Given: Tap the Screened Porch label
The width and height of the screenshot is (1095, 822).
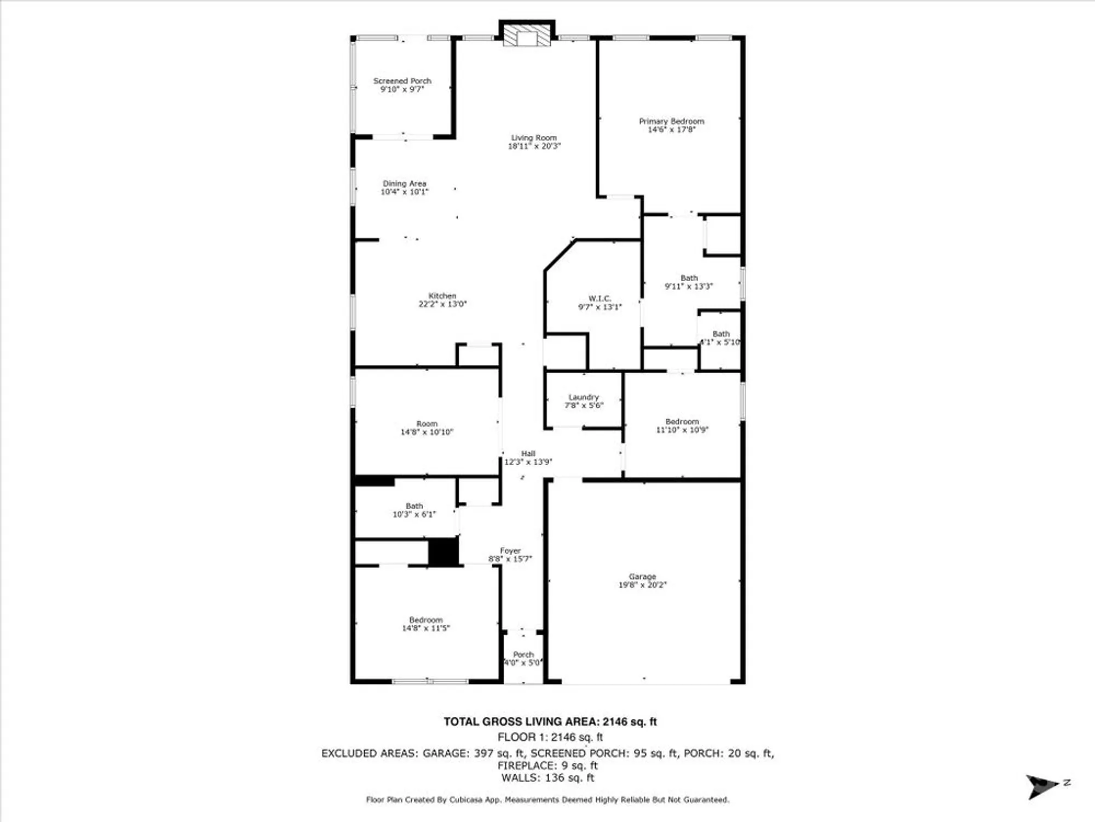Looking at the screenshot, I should coord(402,81).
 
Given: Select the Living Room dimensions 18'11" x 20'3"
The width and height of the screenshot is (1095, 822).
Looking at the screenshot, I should coord(534,146).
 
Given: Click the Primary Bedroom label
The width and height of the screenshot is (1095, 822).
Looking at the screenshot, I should coord(671,121).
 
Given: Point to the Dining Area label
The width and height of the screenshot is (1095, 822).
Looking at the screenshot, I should coord(405,184).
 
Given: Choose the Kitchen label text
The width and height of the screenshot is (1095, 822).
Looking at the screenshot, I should coord(442,296).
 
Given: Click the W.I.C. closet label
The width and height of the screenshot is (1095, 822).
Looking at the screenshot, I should coord(600,299).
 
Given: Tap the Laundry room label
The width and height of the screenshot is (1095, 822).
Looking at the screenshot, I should coord(584,397).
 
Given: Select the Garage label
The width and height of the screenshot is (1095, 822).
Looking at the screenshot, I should coord(642,576).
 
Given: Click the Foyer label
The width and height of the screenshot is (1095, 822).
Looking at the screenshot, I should coord(510,551).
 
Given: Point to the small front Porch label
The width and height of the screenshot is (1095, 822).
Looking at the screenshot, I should coord(523,655).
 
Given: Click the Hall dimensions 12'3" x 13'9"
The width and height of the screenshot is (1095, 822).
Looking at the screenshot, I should coord(528,462).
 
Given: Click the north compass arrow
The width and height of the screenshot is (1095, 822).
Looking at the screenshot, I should coord(1042,786).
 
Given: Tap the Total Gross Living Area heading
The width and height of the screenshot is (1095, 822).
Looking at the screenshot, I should coord(550,722).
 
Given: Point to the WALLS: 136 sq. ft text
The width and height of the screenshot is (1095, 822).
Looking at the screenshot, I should coord(547,778).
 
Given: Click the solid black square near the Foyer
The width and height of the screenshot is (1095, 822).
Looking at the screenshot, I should coord(443,552).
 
